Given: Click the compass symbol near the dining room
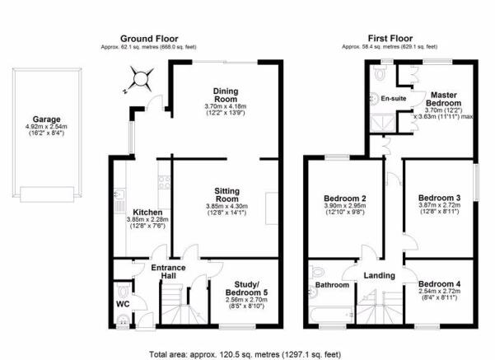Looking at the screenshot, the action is coord(140,79).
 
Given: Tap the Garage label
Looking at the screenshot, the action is coord(46,119).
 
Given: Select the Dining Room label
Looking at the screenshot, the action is coord(226,95).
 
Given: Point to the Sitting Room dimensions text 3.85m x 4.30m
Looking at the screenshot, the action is coord(226,206).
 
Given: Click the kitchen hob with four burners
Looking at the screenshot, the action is coord(164,182).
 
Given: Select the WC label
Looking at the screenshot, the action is coord(123,304).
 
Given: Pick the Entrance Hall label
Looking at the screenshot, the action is coord(168,272).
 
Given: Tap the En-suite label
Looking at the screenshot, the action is coord(394,99).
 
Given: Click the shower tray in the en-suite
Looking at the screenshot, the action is coord(383,124).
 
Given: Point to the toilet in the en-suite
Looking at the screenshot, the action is coord(380,73).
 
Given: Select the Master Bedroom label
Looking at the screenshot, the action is coord(444,99).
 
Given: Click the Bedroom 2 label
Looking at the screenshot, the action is coord(345,199).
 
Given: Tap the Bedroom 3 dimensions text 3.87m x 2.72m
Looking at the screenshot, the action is coord(440,205).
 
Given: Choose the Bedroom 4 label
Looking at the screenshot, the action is coord(440,284).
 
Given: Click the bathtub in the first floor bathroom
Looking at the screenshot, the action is coord(331,315).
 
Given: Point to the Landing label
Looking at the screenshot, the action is coord(379,276).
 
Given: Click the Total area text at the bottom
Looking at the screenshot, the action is coord(245,354).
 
